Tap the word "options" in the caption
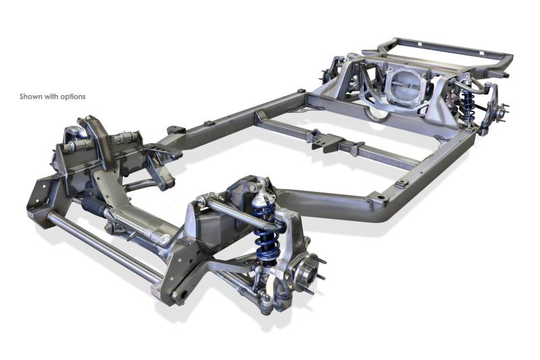coord(73,97)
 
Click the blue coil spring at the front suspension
coord(265,234)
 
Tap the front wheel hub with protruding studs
coord(306,272)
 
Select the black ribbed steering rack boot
coord(94,205)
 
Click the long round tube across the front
coord(105,244)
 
